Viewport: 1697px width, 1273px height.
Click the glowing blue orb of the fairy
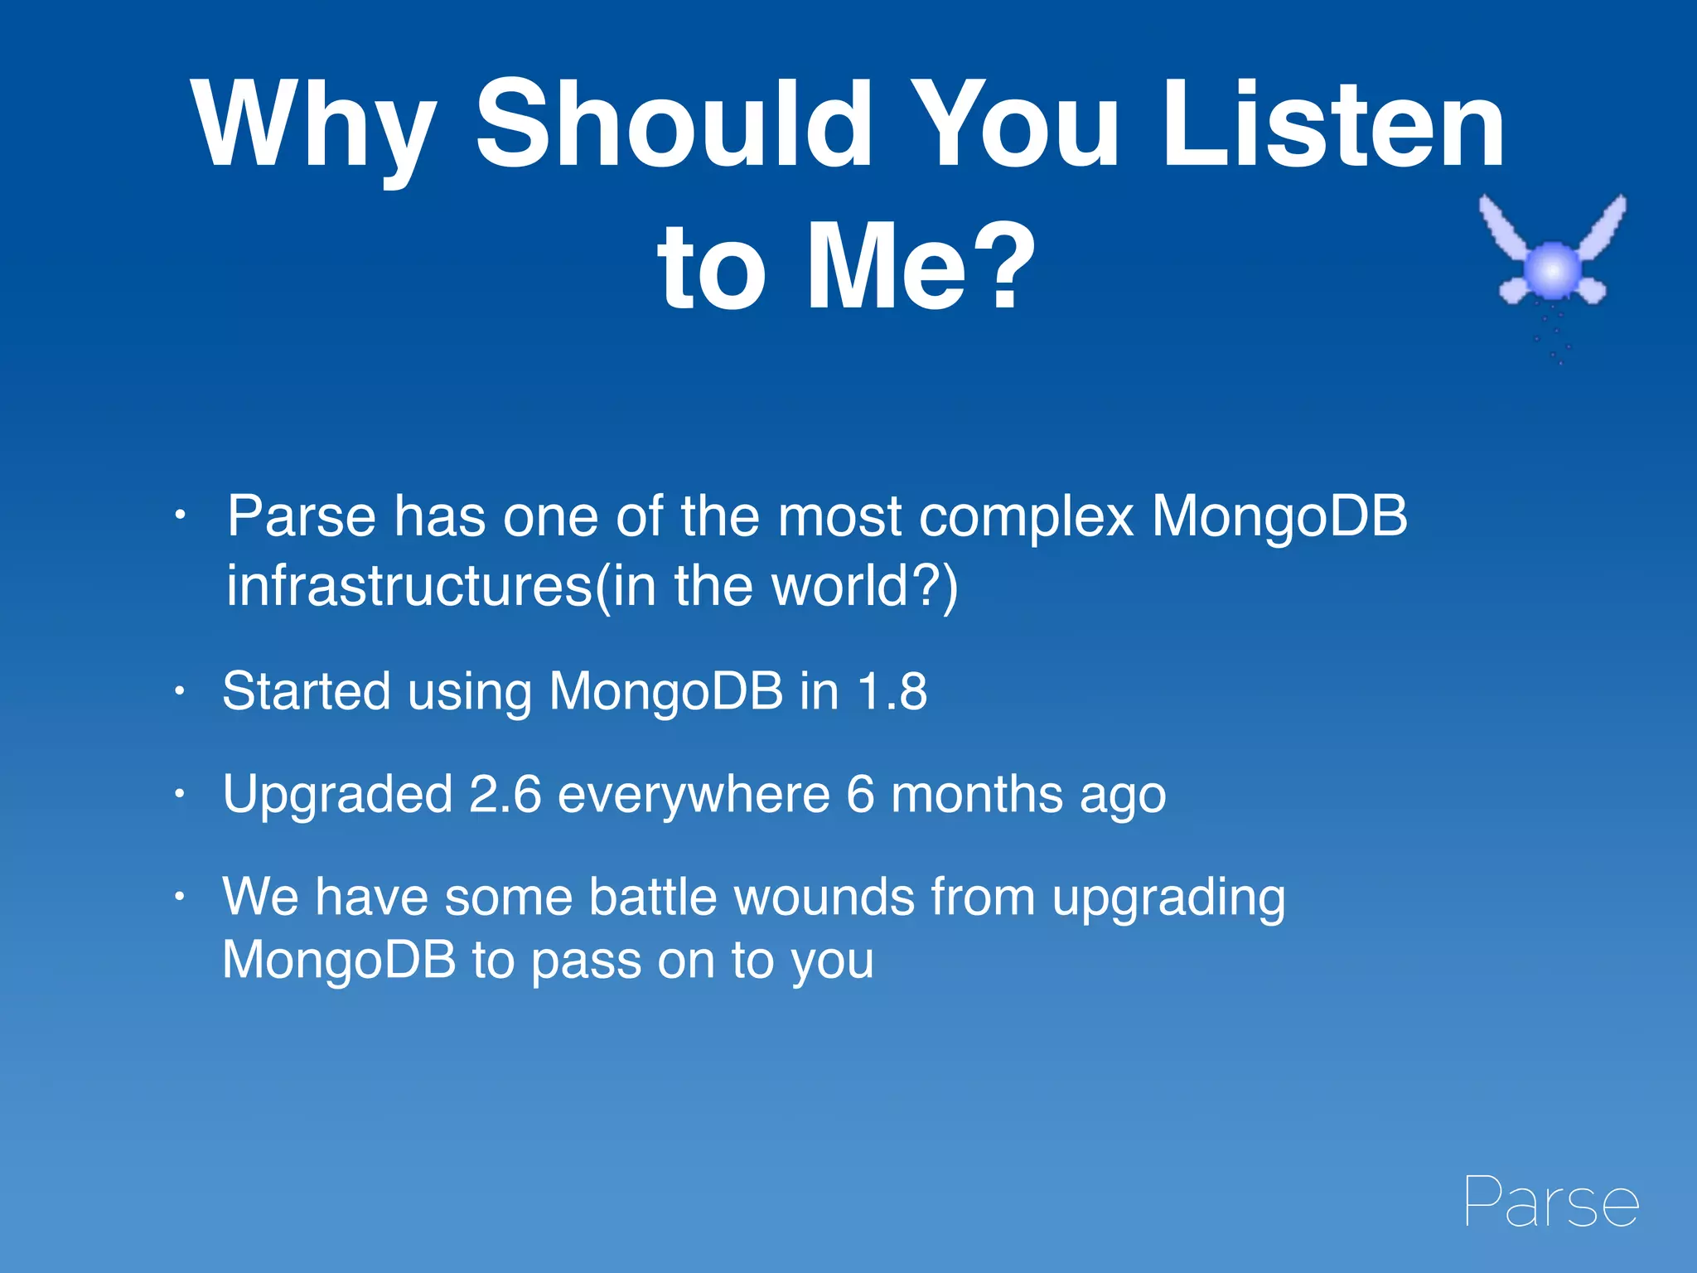coord(1552,269)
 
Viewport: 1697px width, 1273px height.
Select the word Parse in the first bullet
coord(302,516)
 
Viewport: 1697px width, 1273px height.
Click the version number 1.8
coord(892,691)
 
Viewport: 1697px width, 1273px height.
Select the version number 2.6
coord(505,794)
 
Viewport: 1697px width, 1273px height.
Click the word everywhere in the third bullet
coord(694,794)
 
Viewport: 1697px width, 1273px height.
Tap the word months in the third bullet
coord(977,794)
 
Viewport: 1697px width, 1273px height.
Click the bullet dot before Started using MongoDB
coord(178,691)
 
